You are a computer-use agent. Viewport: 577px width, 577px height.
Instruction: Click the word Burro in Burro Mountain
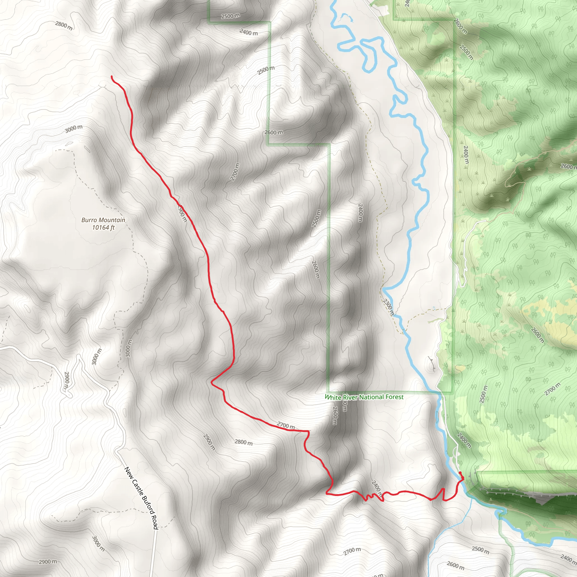pyautogui.click(x=89, y=220)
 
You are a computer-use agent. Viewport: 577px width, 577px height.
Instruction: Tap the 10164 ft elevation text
pyautogui.click(x=103, y=228)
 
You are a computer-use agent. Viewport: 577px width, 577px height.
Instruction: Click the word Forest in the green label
pyautogui.click(x=394, y=397)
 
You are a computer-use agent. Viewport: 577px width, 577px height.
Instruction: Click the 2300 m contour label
pyautogui.click(x=389, y=307)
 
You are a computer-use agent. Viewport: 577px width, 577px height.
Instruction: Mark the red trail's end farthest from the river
pyautogui.click(x=112, y=77)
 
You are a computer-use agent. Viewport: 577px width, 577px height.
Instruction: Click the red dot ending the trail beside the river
pyautogui.click(x=460, y=473)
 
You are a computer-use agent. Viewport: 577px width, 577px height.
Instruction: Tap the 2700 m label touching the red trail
pyautogui.click(x=285, y=425)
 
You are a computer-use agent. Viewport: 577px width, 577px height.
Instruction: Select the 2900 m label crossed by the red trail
pyautogui.click(x=182, y=213)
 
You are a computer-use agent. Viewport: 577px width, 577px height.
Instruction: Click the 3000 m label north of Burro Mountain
pyautogui.click(x=74, y=129)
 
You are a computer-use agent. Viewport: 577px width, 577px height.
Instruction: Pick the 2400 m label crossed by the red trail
pyautogui.click(x=377, y=489)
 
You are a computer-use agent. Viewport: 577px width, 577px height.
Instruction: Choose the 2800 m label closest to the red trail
pyautogui.click(x=243, y=442)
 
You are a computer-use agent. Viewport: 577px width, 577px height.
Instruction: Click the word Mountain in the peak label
pyautogui.click(x=113, y=220)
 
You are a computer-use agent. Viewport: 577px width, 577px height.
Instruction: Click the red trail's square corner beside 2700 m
pyautogui.click(x=308, y=431)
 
